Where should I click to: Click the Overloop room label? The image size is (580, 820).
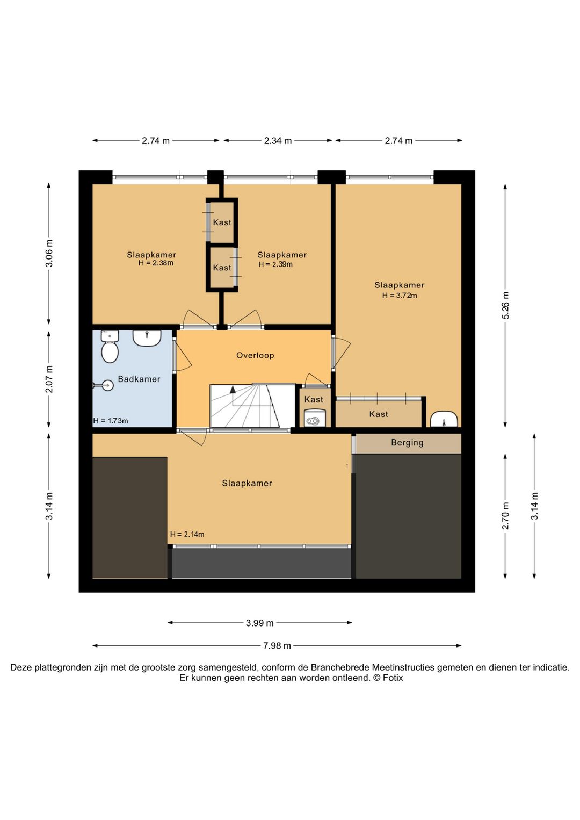(x=255, y=355)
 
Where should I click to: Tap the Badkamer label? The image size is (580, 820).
(x=139, y=379)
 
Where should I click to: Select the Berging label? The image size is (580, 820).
(x=407, y=443)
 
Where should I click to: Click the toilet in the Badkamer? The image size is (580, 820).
(x=110, y=347)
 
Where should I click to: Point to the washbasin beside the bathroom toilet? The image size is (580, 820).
(x=147, y=338)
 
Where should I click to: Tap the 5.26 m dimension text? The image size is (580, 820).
(x=505, y=305)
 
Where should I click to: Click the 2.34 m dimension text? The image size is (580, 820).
(x=278, y=141)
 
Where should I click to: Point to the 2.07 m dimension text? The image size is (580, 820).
(x=49, y=379)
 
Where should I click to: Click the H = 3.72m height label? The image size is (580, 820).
(x=400, y=296)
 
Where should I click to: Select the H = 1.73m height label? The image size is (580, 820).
(x=111, y=421)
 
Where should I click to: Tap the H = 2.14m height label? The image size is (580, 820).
(x=187, y=535)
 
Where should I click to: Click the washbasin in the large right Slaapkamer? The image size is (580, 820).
(x=444, y=419)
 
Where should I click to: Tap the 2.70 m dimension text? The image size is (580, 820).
(x=505, y=516)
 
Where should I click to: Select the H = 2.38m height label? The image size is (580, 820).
(x=156, y=263)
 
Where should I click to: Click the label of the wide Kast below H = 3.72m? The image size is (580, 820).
(x=379, y=414)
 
